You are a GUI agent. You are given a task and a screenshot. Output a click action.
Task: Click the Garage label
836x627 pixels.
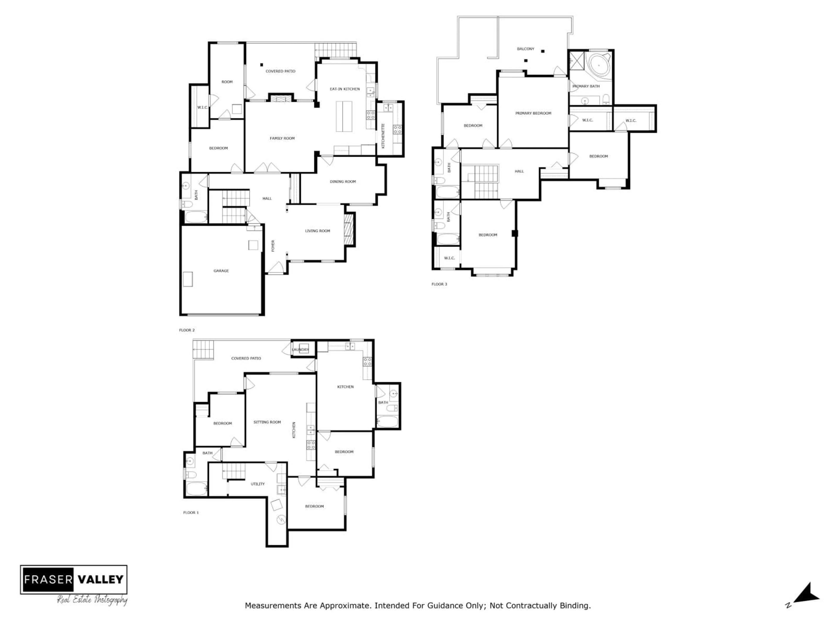(x=221, y=271)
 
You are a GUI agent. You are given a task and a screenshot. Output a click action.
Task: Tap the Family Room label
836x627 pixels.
(x=282, y=138)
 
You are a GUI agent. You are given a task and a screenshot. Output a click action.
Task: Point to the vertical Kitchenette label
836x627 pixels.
(x=383, y=136)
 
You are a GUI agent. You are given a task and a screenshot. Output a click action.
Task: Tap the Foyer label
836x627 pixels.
(x=273, y=246)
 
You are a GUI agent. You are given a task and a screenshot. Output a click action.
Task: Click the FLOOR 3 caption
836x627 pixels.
(x=439, y=284)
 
